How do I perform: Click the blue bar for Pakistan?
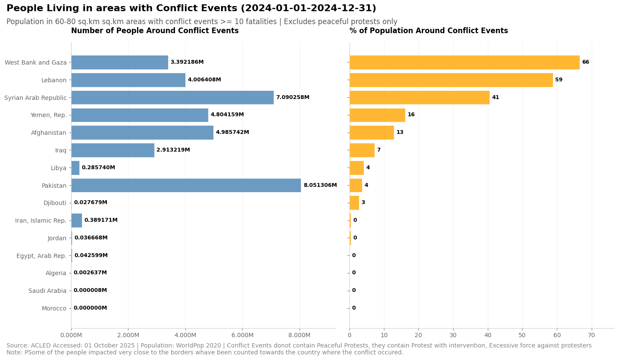(x=186, y=185)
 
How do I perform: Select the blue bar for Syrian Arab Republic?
(x=172, y=97)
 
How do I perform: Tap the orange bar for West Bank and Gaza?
(x=464, y=62)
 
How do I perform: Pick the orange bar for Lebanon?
(x=451, y=80)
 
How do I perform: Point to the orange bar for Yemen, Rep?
(x=377, y=115)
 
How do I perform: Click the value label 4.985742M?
(x=232, y=133)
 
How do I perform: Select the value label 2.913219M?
(x=173, y=150)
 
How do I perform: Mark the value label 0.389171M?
(x=101, y=220)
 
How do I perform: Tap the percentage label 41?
(x=496, y=98)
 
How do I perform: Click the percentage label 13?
(x=400, y=133)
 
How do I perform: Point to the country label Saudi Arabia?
(x=47, y=291)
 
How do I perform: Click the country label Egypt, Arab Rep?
(x=41, y=256)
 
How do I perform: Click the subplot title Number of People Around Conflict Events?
(x=155, y=31)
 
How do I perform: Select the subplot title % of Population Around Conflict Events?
(x=428, y=31)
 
